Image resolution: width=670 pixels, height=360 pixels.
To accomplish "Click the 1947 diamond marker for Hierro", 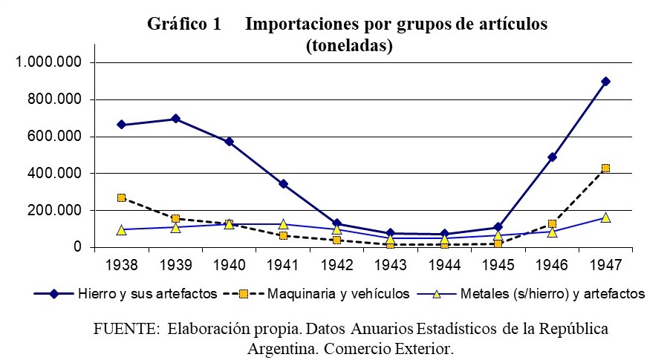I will coord(605,81).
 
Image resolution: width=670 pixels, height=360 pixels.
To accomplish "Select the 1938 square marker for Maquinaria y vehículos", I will coord(122,198).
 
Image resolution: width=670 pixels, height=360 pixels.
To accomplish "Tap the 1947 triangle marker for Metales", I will coord(605,217).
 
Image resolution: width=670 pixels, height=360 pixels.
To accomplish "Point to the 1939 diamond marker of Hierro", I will coord(176,119).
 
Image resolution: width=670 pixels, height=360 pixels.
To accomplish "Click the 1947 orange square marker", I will coord(605,168).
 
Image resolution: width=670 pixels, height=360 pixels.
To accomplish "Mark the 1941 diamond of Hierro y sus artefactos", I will coord(283,183).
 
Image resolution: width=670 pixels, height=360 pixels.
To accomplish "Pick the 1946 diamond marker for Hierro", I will coord(552,157).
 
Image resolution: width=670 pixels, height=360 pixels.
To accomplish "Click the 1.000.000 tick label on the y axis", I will coord(49,62).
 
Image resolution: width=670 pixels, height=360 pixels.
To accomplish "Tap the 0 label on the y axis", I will coord(77,247).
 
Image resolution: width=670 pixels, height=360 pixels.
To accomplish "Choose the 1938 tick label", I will coord(122,264).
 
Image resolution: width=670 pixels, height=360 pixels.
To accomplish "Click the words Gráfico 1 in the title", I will coord(184,24).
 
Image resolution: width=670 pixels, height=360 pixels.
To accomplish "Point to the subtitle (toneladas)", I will coord(348,46).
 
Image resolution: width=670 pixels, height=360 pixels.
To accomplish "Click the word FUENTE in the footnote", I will coord(124,328).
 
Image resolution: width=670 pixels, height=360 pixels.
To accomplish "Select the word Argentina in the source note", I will coord(282,347).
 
